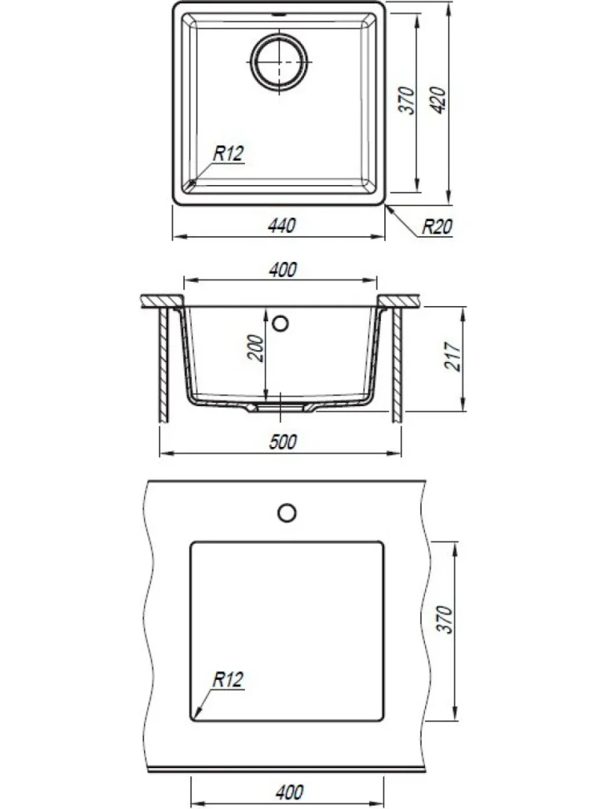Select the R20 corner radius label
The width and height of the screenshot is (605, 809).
[437, 227]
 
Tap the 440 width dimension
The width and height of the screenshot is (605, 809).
[282, 225]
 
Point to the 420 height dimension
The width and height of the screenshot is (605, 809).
[437, 100]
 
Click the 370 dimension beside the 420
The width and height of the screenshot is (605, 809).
[407, 100]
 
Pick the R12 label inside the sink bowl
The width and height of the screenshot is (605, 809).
[228, 153]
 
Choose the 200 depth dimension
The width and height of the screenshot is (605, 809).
[256, 349]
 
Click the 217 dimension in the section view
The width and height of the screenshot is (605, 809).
[452, 355]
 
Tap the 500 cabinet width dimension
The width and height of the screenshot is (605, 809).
[283, 442]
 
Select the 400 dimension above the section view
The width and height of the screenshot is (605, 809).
[283, 270]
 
